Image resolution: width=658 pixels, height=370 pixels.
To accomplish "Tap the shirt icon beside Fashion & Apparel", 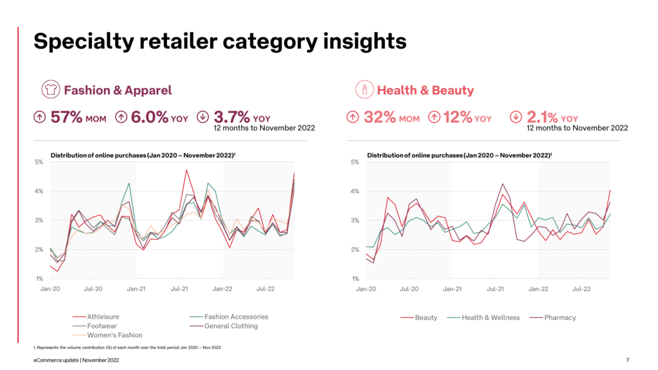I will [50, 90].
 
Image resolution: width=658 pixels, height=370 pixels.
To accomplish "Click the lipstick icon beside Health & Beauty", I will [365, 90].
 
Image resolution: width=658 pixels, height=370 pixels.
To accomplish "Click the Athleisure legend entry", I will [102, 317].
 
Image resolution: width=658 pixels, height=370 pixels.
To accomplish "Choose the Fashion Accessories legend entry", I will [236, 317].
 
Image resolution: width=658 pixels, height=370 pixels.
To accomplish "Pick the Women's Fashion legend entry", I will [107, 335].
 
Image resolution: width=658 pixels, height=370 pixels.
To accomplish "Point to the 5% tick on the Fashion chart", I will [39, 162].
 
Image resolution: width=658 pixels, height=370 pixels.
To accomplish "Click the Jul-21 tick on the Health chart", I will [495, 289].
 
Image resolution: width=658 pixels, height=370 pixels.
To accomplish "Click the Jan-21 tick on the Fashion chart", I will [136, 289].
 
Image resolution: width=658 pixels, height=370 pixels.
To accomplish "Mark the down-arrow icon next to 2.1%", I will [516, 117].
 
